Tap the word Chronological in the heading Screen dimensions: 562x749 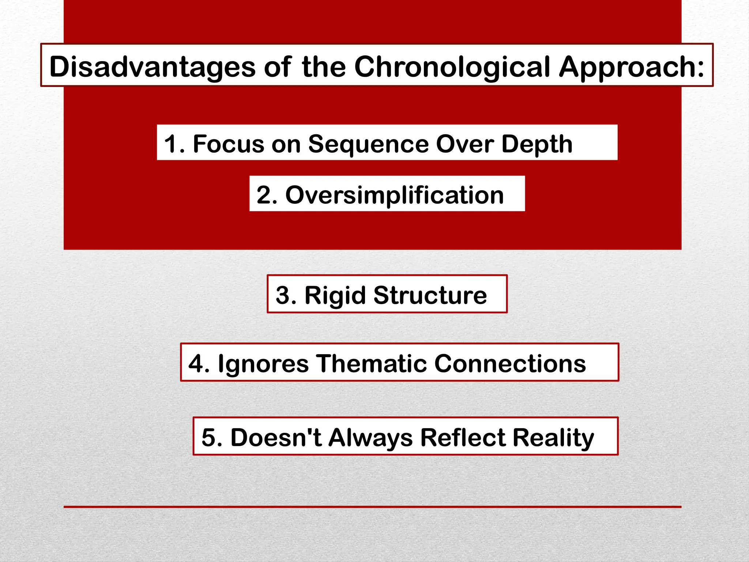[x=452, y=67]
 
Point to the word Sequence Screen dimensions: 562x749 [x=368, y=144]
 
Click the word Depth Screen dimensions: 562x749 [x=537, y=144]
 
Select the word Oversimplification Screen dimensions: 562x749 [x=394, y=195]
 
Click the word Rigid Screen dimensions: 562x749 [x=335, y=295]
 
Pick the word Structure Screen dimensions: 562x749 [x=430, y=295]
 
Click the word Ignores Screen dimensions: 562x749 [x=263, y=364]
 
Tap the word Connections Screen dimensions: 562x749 [x=510, y=364]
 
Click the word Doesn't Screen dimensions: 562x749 [x=276, y=437]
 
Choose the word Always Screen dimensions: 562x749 [x=370, y=437]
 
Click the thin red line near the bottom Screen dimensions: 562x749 [x=372, y=507]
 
